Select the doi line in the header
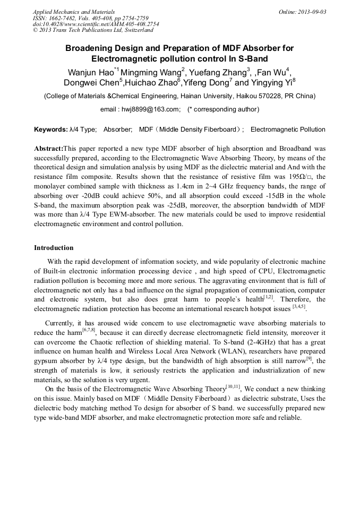(x=96, y=24)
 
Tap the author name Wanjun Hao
(x=90, y=72)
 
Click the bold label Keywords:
(x=50, y=130)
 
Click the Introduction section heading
(x=54, y=248)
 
